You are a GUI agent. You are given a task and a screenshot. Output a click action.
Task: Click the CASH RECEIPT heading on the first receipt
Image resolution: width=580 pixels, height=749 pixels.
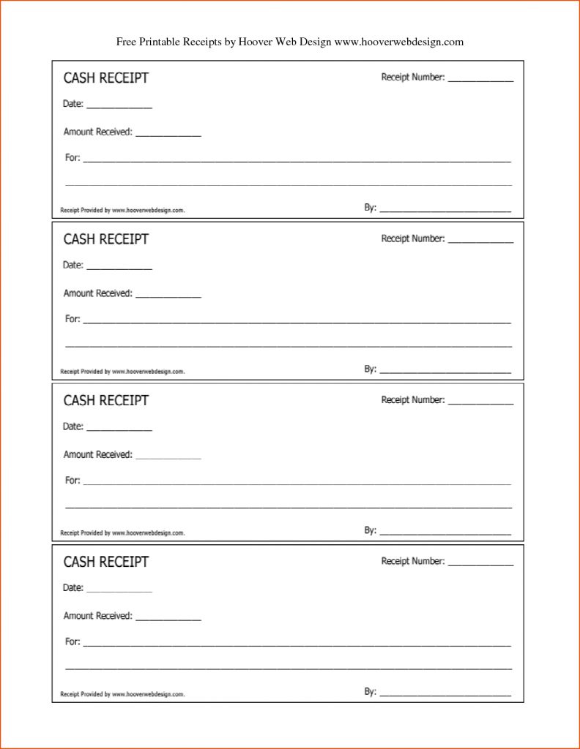click(x=105, y=78)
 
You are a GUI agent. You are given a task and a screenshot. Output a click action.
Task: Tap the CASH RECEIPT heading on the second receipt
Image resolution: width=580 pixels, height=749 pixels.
click(x=105, y=239)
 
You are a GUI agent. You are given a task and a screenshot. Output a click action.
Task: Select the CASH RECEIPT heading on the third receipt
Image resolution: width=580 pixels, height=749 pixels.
click(x=105, y=400)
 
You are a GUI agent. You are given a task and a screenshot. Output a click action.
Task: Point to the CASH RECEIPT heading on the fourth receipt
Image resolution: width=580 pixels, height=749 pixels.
click(x=105, y=562)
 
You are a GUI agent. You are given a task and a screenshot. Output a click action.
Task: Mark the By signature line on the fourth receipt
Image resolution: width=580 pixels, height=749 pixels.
click(x=445, y=693)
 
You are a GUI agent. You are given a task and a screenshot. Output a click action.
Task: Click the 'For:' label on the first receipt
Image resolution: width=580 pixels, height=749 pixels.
click(x=72, y=158)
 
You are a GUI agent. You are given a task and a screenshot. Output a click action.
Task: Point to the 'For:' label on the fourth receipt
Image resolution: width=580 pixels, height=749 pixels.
click(x=72, y=641)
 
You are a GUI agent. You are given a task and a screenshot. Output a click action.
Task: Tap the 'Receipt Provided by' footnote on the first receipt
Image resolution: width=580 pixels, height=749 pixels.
click(x=122, y=210)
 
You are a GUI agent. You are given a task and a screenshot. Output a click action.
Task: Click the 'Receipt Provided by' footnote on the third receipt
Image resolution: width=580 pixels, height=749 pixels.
click(x=122, y=532)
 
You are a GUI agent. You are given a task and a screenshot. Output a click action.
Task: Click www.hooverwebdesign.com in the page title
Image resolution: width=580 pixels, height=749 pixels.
click(x=399, y=42)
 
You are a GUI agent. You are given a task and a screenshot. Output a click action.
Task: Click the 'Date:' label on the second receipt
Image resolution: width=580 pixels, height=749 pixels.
click(x=73, y=266)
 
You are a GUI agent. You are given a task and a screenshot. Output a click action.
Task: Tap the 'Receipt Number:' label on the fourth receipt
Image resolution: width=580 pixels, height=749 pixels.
click(x=413, y=561)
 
